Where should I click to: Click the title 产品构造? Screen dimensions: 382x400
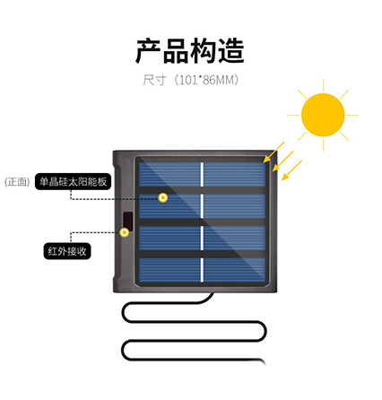coord(190,50)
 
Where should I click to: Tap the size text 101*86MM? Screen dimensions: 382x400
coord(207,80)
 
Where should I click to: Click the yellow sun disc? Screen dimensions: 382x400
coord(323,115)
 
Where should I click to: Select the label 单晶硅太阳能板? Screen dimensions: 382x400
coord(73,181)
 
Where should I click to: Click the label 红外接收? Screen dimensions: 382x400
coord(67,251)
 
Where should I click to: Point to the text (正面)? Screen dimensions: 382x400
coord(17,182)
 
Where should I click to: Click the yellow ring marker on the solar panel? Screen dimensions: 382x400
coord(163,197)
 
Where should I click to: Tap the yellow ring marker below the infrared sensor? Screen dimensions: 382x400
coord(125,232)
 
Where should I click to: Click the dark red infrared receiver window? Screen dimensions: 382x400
coord(128,222)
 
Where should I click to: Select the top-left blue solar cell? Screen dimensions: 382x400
coord(169,174)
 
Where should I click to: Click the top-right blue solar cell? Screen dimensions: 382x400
coord(234,174)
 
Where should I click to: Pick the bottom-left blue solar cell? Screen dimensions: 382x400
coord(169,270)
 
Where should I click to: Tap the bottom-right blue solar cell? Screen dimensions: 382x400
coord(234,270)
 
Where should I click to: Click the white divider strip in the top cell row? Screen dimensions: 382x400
coord(202,174)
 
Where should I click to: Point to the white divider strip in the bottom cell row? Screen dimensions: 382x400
coord(202,270)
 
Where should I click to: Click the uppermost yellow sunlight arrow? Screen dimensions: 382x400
coord(273,152)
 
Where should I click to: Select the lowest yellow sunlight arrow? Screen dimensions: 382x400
coord(291,170)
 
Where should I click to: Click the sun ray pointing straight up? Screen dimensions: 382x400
coord(323,85)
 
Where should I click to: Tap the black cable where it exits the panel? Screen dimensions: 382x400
coord(211,295)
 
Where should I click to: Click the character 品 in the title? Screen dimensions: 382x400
coord(177,51)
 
